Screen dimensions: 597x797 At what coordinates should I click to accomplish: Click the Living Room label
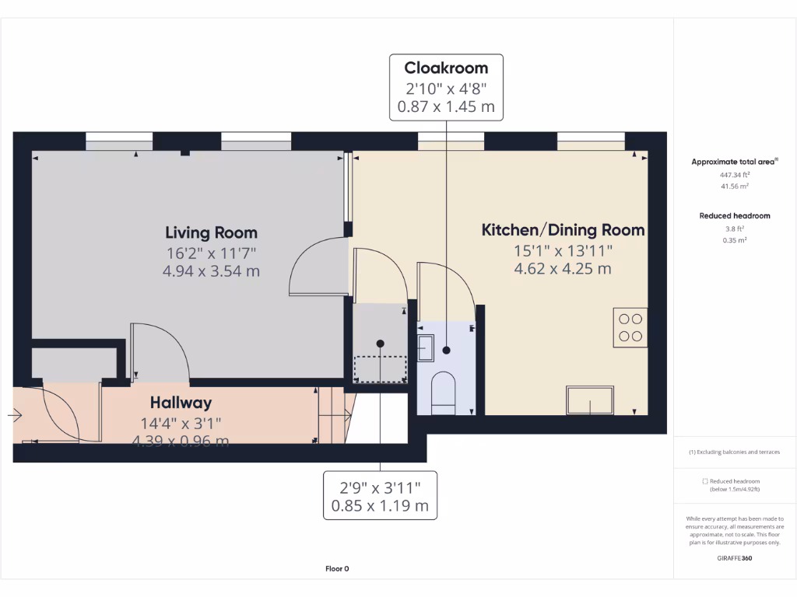pos(211,232)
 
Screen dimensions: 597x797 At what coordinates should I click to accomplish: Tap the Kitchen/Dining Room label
pos(563,230)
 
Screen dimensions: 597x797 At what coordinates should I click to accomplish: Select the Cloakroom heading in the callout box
pos(446,68)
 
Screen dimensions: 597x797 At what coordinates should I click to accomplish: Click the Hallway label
pos(181,403)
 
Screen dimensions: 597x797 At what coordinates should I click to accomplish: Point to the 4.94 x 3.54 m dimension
pos(211,271)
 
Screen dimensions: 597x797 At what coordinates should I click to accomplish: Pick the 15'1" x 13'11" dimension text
pos(563,250)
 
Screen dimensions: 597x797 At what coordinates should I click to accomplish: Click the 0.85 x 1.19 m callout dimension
pos(380,506)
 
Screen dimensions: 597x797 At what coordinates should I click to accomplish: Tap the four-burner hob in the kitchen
pos(630,326)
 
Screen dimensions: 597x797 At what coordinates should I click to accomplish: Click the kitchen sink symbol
pos(590,400)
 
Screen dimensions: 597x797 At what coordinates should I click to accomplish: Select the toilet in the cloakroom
pos(443,389)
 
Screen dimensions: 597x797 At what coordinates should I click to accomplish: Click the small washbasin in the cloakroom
pos(426,347)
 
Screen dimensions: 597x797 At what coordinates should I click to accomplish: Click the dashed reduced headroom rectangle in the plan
pos(380,368)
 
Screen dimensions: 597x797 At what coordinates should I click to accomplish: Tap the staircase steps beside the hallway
pos(333,417)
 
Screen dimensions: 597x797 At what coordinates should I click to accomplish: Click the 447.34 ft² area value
pos(734,176)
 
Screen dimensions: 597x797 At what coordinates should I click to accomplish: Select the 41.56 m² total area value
pos(734,187)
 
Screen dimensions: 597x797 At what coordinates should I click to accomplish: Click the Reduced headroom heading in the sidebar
pos(734,215)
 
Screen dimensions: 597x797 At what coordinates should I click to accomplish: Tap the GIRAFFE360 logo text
pos(734,558)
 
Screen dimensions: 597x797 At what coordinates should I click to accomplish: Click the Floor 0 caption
pos(337,569)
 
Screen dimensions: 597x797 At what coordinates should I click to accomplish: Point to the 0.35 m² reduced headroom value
pos(734,240)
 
